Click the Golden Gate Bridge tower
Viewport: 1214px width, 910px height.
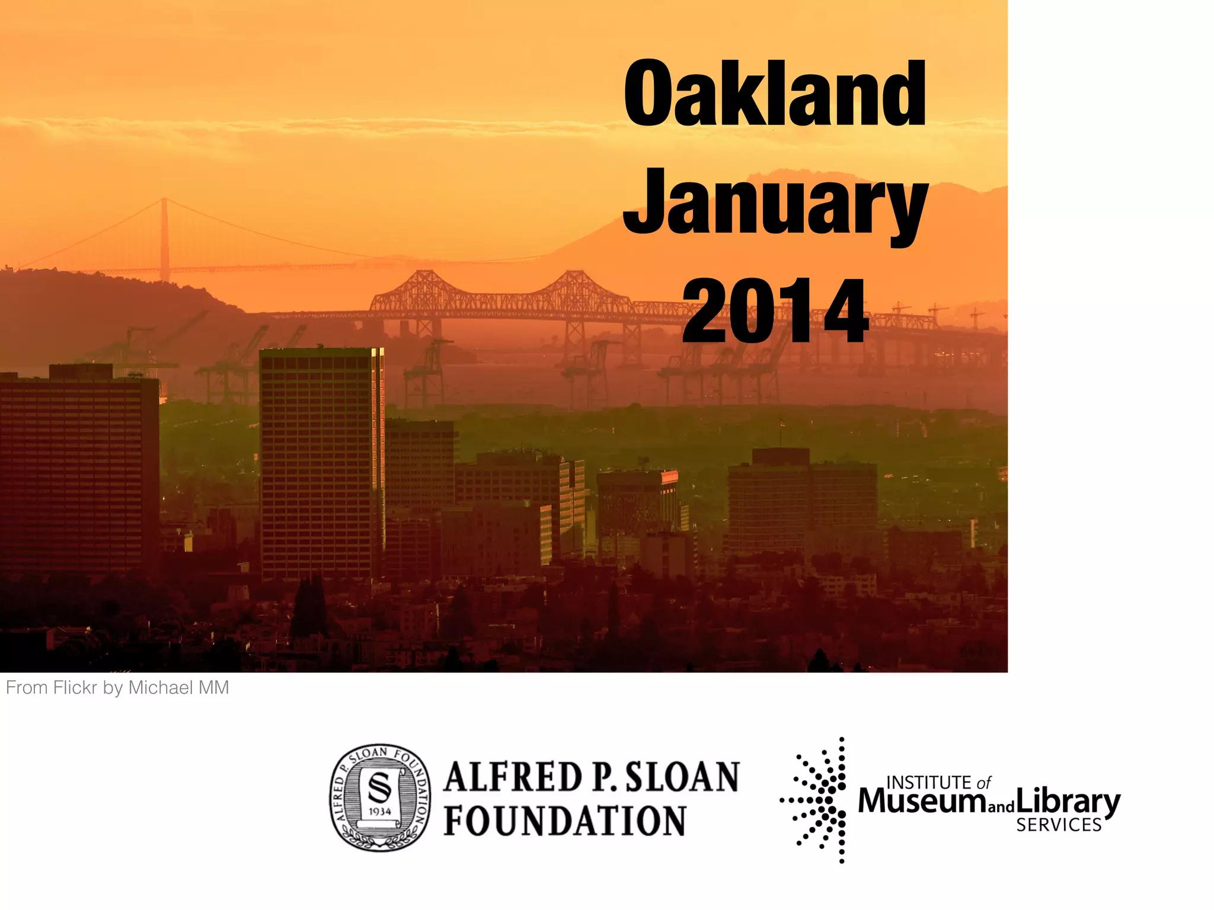pyautogui.click(x=164, y=237)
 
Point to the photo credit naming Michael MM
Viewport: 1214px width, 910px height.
pyautogui.click(x=117, y=688)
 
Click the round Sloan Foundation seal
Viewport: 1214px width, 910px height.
pyautogui.click(x=380, y=797)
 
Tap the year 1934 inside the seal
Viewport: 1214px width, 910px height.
pyautogui.click(x=380, y=811)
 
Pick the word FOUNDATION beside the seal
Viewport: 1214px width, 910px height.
pyautogui.click(x=565, y=821)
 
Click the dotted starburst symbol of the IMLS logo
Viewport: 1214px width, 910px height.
pyautogui.click(x=819, y=800)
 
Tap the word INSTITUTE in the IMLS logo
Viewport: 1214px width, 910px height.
pyautogui.click(x=928, y=783)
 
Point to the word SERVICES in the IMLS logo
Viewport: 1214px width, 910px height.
pyautogui.click(x=1059, y=825)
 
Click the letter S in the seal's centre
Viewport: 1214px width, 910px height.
pyautogui.click(x=379, y=787)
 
